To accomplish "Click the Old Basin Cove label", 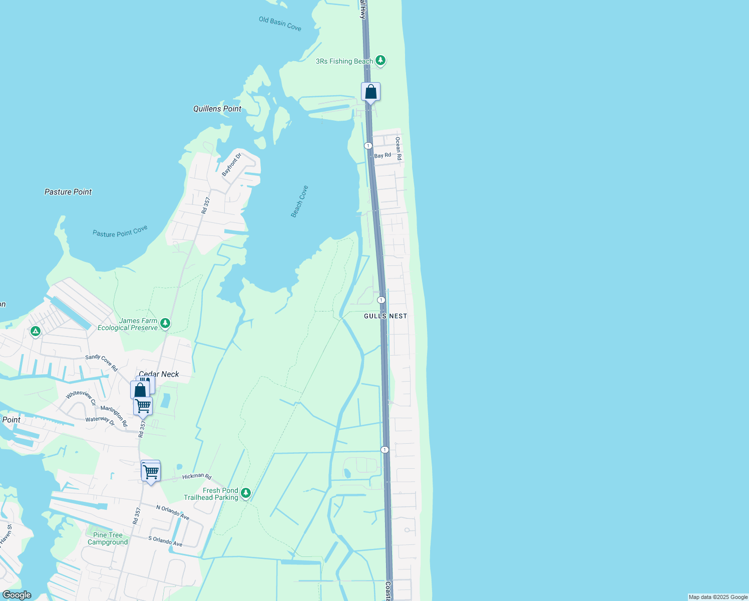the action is click(x=280, y=24).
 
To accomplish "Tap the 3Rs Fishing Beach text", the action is click(x=344, y=62).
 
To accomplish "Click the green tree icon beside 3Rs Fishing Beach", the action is click(x=381, y=61).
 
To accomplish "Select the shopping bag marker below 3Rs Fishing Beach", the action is click(x=370, y=92).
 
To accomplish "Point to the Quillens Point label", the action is click(x=217, y=109).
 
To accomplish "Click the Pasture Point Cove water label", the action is click(x=120, y=231).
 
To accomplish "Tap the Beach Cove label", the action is click(x=299, y=201).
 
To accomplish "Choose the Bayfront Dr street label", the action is click(x=231, y=164).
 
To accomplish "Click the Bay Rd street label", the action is click(x=383, y=156).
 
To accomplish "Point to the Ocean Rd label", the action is click(x=398, y=148).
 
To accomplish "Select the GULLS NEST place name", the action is click(x=386, y=316).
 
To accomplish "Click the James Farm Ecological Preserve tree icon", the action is click(x=165, y=324).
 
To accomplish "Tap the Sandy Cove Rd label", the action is click(x=101, y=363).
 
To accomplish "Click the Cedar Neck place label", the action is click(x=159, y=374).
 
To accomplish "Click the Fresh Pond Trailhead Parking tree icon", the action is click(x=245, y=493).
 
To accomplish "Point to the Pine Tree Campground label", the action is click(x=108, y=539).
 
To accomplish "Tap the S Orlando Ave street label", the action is click(x=165, y=541).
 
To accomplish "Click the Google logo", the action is click(x=17, y=595).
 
